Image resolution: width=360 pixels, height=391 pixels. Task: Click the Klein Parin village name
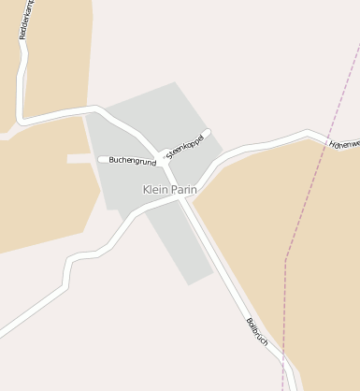tap(169, 189)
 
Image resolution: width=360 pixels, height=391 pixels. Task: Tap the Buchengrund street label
tap(132, 161)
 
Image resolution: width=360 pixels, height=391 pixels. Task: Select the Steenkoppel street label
tap(185, 144)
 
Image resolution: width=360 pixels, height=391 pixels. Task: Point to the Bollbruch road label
tap(257, 333)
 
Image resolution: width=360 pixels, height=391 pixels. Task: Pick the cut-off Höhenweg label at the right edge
tap(344, 145)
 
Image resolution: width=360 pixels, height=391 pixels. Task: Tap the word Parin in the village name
tap(183, 189)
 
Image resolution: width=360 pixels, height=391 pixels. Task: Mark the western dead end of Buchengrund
tap(101, 160)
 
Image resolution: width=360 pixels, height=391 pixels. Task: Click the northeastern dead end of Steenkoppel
tap(208, 132)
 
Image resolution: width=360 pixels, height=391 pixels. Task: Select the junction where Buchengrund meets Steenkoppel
tap(163, 160)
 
